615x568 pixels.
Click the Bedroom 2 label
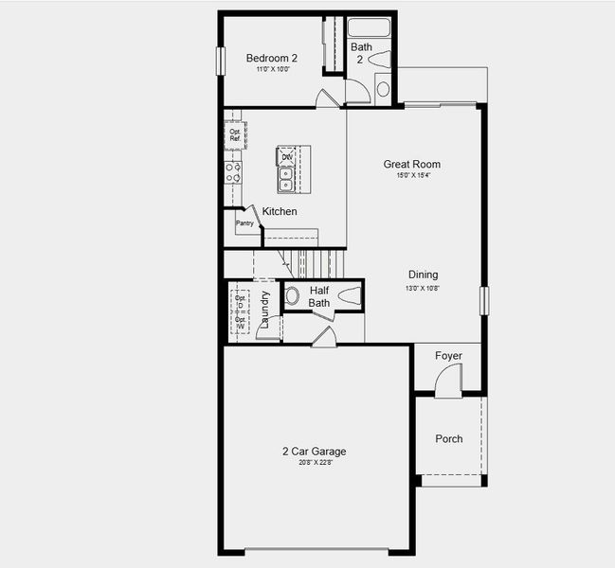click(x=271, y=57)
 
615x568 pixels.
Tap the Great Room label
click(x=412, y=164)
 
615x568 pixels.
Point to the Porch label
click(x=449, y=438)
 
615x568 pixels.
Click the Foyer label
click(x=448, y=356)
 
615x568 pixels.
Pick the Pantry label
click(x=244, y=223)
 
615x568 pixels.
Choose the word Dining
click(x=424, y=275)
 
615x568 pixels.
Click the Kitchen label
click(x=280, y=211)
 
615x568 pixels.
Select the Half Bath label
click(x=319, y=296)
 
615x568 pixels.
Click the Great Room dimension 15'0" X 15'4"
click(x=413, y=175)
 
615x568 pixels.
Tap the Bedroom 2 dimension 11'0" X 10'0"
click(x=272, y=69)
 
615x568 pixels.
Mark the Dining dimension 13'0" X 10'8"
click(x=424, y=287)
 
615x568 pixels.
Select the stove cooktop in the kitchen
click(x=232, y=172)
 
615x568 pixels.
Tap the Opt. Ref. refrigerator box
click(x=234, y=135)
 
